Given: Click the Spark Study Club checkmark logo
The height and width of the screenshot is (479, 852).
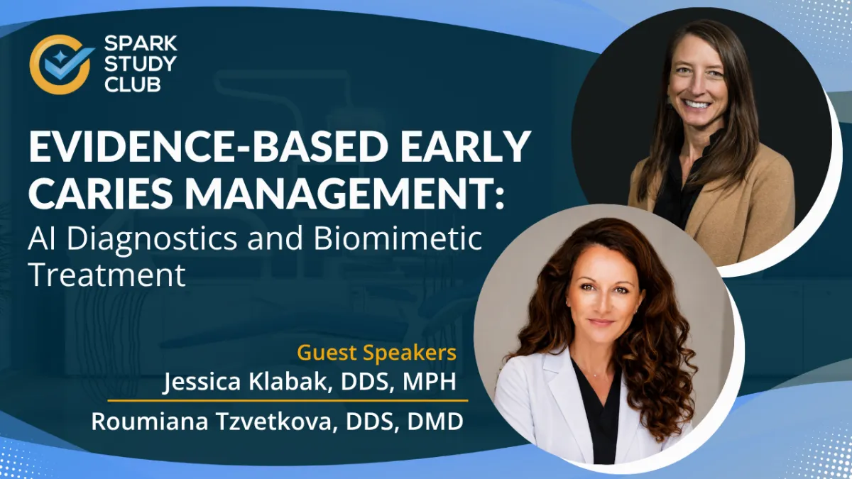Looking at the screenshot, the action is click(x=61, y=65).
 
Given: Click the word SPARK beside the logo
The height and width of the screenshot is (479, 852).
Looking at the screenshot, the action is click(x=141, y=44).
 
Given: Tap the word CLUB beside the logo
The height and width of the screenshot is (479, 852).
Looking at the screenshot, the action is click(x=132, y=84).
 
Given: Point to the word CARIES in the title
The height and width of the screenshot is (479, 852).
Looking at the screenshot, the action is click(x=100, y=193).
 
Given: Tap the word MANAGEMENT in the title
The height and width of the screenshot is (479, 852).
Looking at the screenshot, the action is click(x=340, y=193).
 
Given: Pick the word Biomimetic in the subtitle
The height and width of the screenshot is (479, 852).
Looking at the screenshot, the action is click(x=398, y=238).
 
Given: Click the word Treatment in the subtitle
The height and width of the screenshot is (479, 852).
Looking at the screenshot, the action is click(x=107, y=275).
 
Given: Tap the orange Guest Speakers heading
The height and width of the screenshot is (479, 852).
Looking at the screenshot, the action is click(x=376, y=353).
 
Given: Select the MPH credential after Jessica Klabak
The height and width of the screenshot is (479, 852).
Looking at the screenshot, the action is click(x=430, y=382).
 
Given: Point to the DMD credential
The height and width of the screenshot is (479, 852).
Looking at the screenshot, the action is click(x=435, y=422).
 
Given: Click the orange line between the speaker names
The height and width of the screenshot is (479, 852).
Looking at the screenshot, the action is click(x=288, y=401).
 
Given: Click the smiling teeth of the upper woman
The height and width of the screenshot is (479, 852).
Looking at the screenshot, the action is click(x=697, y=104).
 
